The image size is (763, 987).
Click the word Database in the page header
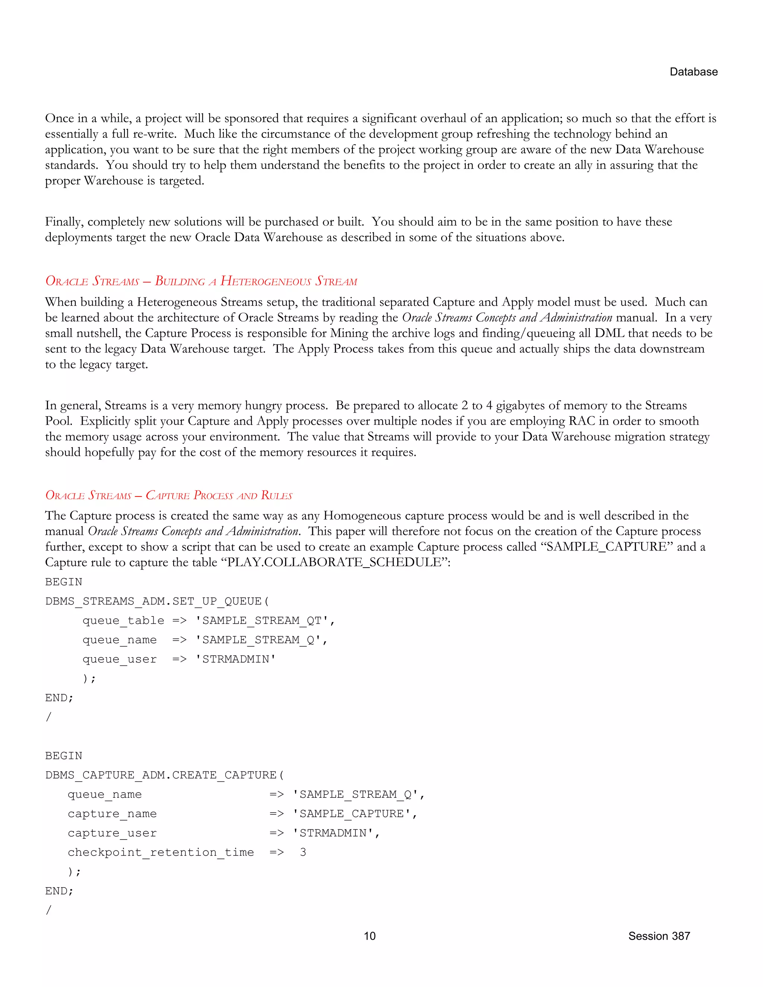tap(693, 72)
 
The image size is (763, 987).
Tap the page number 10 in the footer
tap(369, 936)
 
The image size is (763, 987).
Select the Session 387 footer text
tap(659, 936)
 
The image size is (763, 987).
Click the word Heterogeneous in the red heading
tap(266, 281)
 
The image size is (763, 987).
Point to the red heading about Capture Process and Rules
tap(169, 495)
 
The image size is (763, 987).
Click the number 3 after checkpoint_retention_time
tap(303, 852)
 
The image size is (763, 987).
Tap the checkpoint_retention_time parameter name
tap(161, 852)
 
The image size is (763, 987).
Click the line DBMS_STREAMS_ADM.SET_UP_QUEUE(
tap(157, 601)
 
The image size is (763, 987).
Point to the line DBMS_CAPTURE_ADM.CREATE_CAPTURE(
tap(165, 775)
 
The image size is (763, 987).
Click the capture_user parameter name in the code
tap(112, 833)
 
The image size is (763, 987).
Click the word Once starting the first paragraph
tap(59, 118)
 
